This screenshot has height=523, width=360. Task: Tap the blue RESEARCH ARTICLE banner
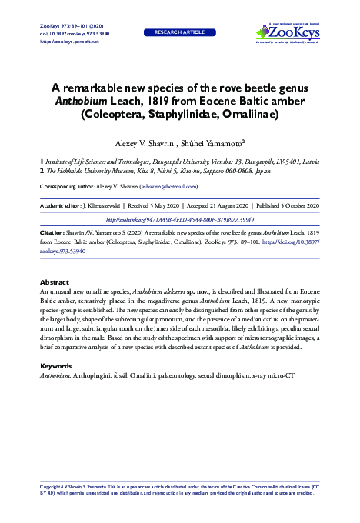pyautogui.click(x=180, y=33)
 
